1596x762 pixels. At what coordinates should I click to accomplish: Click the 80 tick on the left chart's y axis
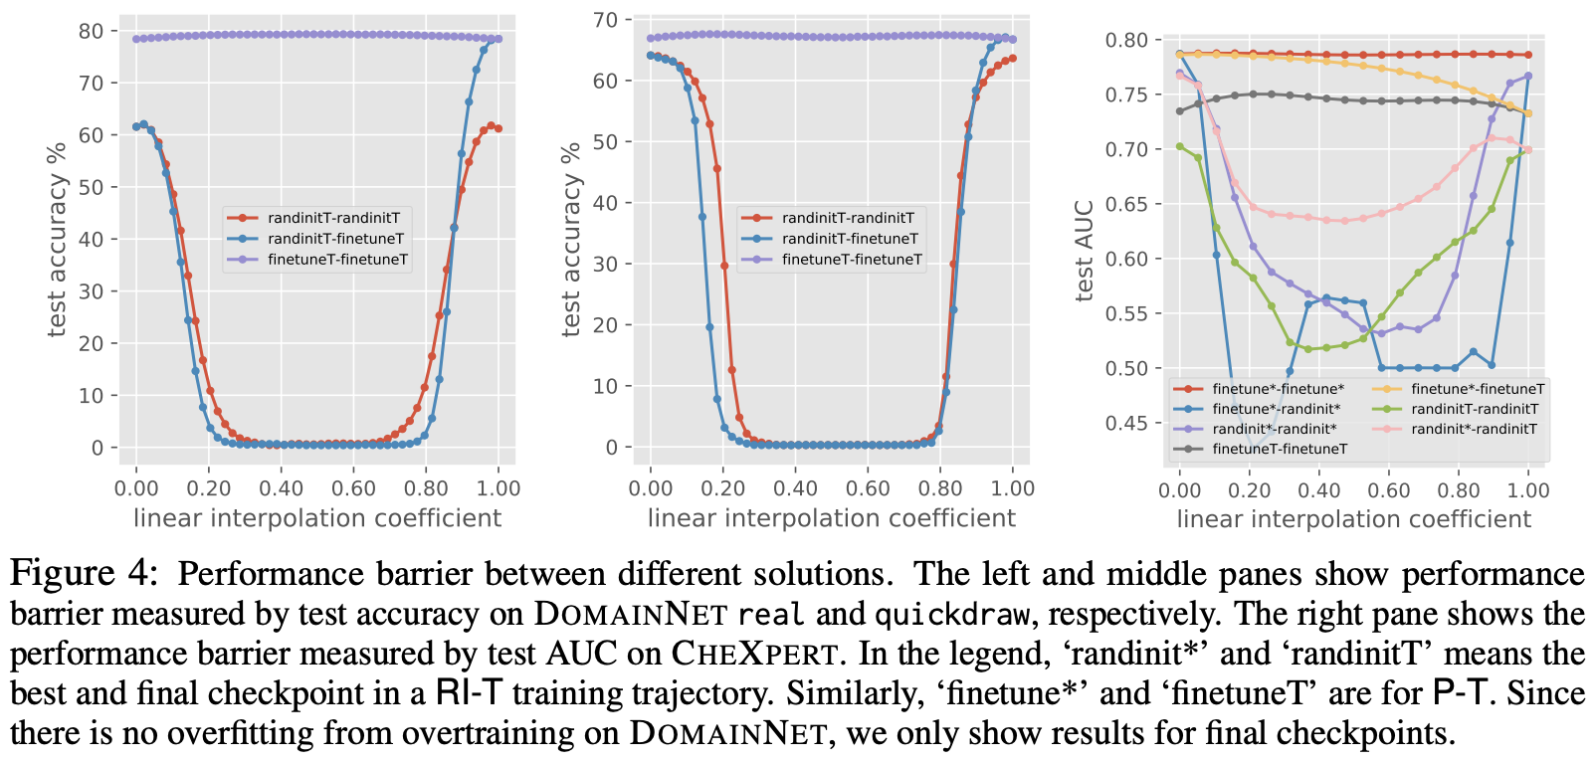pos(92,31)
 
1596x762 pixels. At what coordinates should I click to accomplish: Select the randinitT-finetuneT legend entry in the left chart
pos(335,239)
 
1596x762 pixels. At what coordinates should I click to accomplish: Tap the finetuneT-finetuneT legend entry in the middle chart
pos(852,260)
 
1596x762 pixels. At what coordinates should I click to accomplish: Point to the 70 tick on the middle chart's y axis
pos(606,20)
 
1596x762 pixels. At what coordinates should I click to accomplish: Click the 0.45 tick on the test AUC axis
pos(1126,423)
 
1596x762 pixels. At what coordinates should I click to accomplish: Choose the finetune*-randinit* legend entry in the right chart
pos(1276,409)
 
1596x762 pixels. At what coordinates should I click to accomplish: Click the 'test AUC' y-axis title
pos(1085,251)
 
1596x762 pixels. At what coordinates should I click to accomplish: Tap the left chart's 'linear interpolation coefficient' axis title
pos(317,518)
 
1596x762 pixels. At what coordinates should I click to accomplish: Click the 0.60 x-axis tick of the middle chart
pos(868,488)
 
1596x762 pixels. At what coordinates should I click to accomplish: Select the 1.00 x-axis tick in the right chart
pos(1528,489)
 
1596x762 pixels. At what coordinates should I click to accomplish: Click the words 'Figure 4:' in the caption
pos(84,574)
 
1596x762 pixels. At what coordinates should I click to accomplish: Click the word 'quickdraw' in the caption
pos(952,614)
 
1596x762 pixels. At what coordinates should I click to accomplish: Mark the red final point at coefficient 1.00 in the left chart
pos(498,128)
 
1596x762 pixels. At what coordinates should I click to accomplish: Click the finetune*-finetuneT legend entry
pos(1478,389)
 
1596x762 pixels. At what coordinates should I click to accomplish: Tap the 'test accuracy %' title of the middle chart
pos(571,239)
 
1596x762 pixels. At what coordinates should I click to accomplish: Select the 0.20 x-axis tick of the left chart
pos(209,488)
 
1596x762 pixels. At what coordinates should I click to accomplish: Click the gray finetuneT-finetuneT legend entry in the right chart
pos(1280,449)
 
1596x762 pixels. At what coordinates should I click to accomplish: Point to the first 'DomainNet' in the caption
pos(631,614)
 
